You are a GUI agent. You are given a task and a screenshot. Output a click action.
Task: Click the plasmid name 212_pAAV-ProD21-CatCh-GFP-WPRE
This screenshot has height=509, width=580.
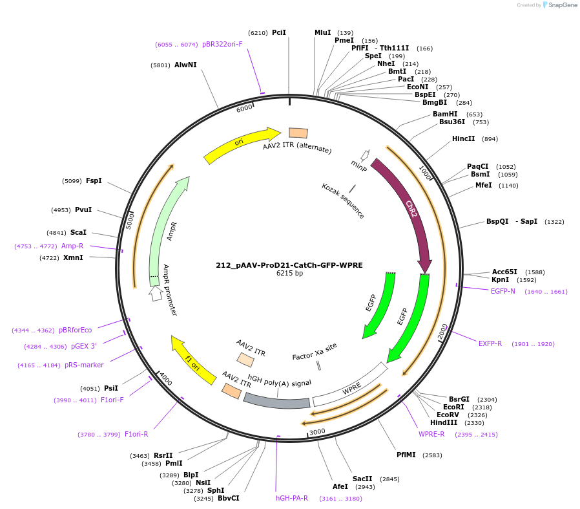(289, 265)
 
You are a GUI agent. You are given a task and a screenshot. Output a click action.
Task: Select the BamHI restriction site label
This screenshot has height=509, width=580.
(445, 114)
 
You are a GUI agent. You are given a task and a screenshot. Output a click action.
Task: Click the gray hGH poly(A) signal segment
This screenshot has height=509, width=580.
(276, 401)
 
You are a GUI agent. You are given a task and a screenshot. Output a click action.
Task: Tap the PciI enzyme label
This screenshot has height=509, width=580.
(278, 32)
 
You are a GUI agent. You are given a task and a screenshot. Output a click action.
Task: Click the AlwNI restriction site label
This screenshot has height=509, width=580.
(185, 65)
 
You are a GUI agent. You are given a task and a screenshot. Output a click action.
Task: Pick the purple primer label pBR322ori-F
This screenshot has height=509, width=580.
(222, 45)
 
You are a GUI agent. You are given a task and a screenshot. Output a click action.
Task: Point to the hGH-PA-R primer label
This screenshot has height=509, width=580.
(292, 498)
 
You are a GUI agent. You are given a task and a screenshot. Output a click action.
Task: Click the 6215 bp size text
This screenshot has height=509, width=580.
(289, 274)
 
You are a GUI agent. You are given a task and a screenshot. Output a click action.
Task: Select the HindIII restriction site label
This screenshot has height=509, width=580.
(444, 422)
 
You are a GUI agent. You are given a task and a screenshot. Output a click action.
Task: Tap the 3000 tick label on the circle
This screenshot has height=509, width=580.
(317, 431)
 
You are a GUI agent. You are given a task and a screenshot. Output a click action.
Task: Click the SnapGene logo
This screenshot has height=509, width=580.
(559, 5)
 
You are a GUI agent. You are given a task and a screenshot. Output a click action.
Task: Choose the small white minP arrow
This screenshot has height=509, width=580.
(365, 155)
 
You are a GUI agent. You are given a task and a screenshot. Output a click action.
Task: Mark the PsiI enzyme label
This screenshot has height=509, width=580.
(111, 388)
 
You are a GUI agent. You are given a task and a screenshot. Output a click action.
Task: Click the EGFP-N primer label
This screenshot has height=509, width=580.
(503, 291)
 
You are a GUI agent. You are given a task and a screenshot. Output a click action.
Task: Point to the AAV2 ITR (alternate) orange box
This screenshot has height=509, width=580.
(298, 133)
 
